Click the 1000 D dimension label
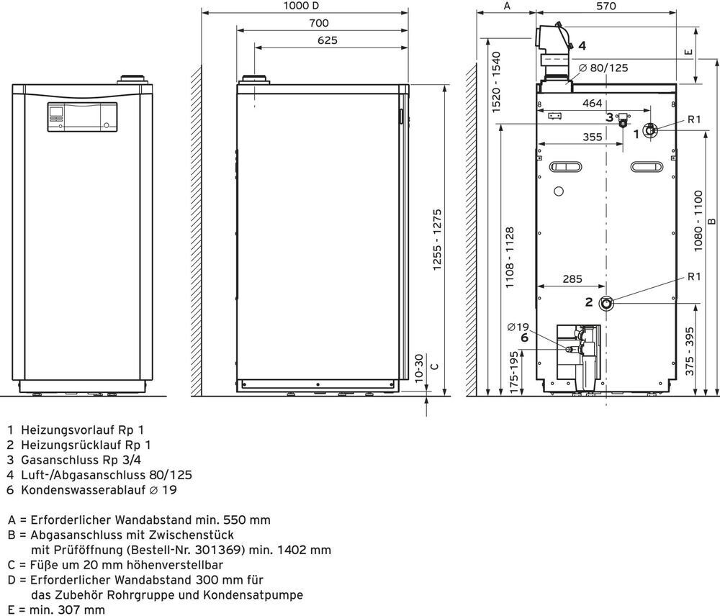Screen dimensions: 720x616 [301, 6]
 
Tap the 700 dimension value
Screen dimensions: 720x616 [319, 23]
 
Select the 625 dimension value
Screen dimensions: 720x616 [328, 40]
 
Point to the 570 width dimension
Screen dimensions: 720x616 [606, 6]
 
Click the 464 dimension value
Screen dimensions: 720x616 [593, 104]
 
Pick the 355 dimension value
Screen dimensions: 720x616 [593, 137]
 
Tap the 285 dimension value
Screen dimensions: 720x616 [572, 279]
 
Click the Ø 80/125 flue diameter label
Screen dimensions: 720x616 [603, 68]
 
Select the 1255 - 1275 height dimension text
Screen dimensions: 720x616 [437, 240]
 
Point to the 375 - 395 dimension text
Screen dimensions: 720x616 [690, 351]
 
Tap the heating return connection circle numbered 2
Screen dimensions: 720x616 [607, 303]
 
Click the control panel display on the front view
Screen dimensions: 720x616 [56, 112]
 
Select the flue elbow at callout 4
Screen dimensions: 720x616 [553, 40]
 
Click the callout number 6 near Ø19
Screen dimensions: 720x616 [524, 338]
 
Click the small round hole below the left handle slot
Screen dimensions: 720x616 [559, 191]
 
